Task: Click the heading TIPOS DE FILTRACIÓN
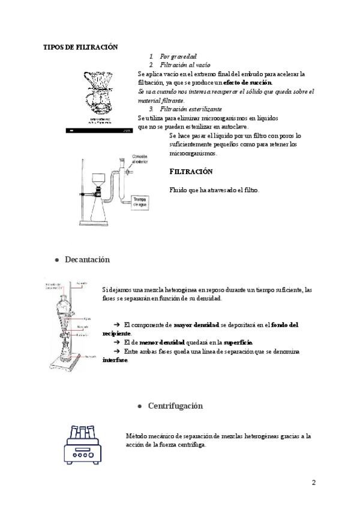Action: tap(80, 47)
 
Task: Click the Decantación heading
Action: tap(88, 259)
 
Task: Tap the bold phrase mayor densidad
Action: tap(196, 325)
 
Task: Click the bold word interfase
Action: tap(115, 360)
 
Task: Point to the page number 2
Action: tap(314, 483)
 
